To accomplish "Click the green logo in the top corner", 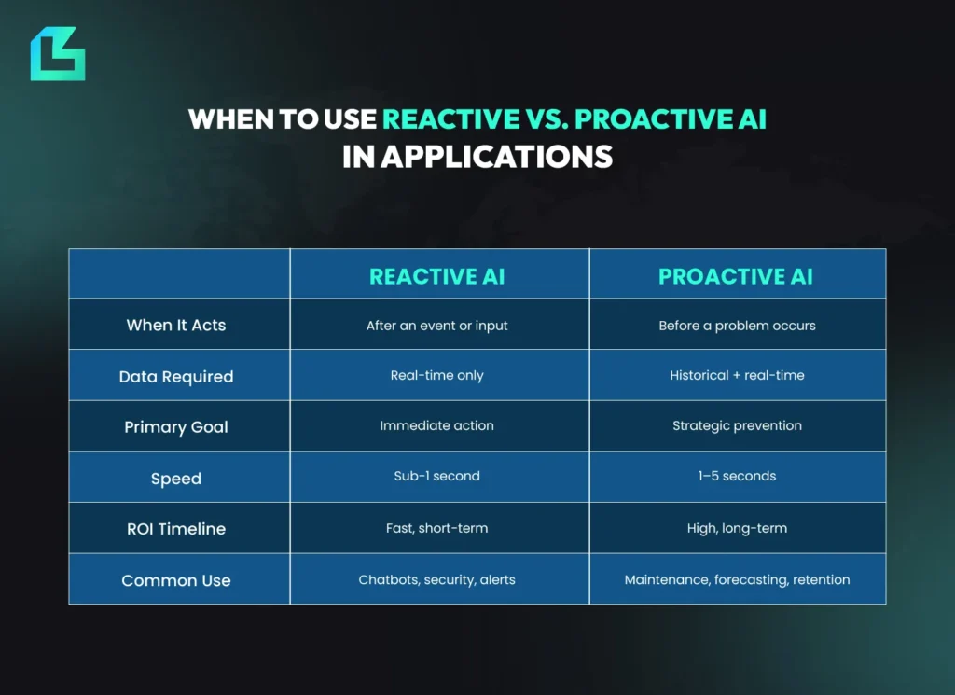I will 57,54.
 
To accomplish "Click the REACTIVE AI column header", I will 437,276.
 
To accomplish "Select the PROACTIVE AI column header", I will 736,276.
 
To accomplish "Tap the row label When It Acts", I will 176,326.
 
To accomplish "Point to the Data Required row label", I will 176,377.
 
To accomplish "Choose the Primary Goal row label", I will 176,427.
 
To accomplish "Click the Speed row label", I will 176,479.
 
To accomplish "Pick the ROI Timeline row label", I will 176,529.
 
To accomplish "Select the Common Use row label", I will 176,580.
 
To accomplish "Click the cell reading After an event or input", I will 437,326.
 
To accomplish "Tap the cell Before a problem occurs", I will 737,326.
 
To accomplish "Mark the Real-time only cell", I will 437,375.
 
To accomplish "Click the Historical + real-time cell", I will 737,375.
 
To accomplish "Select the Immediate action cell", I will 437,425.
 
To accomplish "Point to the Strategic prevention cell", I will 737,425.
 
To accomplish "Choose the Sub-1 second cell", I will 437,476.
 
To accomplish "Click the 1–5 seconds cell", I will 737,476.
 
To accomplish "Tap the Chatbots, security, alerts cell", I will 437,579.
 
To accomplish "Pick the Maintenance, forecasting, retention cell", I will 737,579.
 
